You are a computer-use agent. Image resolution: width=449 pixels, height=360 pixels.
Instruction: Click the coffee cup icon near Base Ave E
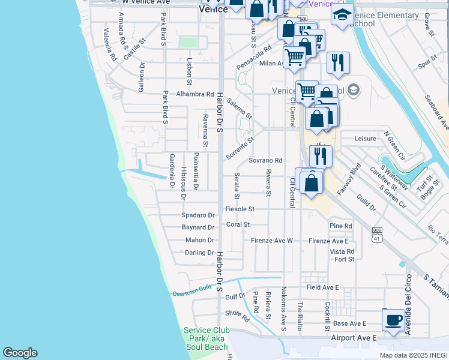(x=393, y=319)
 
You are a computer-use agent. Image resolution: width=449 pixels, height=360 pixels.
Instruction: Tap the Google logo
(x=20, y=353)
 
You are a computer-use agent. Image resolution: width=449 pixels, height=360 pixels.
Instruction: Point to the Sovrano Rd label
(x=265, y=161)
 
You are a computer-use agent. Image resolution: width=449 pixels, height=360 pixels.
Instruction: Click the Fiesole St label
(x=240, y=209)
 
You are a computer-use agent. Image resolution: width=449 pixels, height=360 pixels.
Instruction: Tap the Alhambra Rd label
(x=195, y=94)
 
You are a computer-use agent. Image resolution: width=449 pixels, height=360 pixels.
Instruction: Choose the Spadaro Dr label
(x=198, y=215)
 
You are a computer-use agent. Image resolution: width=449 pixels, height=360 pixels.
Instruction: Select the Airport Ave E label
(x=354, y=339)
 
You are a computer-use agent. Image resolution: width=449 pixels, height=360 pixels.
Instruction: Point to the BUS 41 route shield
(x=377, y=234)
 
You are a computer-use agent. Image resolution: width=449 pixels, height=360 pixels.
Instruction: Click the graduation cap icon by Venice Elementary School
(x=342, y=15)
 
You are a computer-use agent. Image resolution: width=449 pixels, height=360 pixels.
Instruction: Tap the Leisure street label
(x=365, y=139)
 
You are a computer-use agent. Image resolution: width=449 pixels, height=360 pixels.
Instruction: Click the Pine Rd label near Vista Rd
(x=340, y=226)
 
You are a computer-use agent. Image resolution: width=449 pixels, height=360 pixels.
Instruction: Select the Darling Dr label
(x=199, y=253)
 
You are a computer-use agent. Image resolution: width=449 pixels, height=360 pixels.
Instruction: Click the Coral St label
(x=238, y=225)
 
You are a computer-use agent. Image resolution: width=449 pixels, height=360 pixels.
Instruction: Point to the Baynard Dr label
(x=198, y=228)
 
